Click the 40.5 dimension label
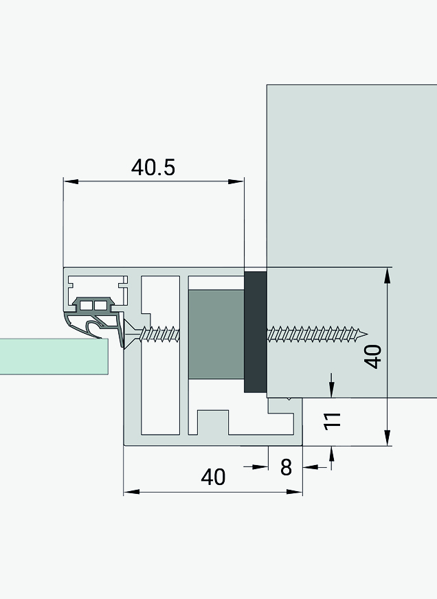[x=153, y=168]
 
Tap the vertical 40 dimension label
[x=373, y=357]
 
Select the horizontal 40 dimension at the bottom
[x=213, y=477]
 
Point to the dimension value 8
[x=286, y=467]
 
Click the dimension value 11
[x=333, y=421]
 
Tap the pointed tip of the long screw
[x=368, y=335]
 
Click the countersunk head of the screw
[x=132, y=333]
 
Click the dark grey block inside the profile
[x=216, y=335]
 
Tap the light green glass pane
[x=54, y=356]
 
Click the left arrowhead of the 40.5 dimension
[x=71, y=181]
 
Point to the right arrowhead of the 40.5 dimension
[x=236, y=181]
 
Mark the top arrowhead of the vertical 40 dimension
[x=388, y=275]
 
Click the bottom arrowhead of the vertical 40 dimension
[x=388, y=438]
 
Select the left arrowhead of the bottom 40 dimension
[x=131, y=492]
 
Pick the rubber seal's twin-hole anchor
[x=93, y=305]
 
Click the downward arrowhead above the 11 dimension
[x=331, y=390]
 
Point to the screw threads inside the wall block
[x=317, y=335]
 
